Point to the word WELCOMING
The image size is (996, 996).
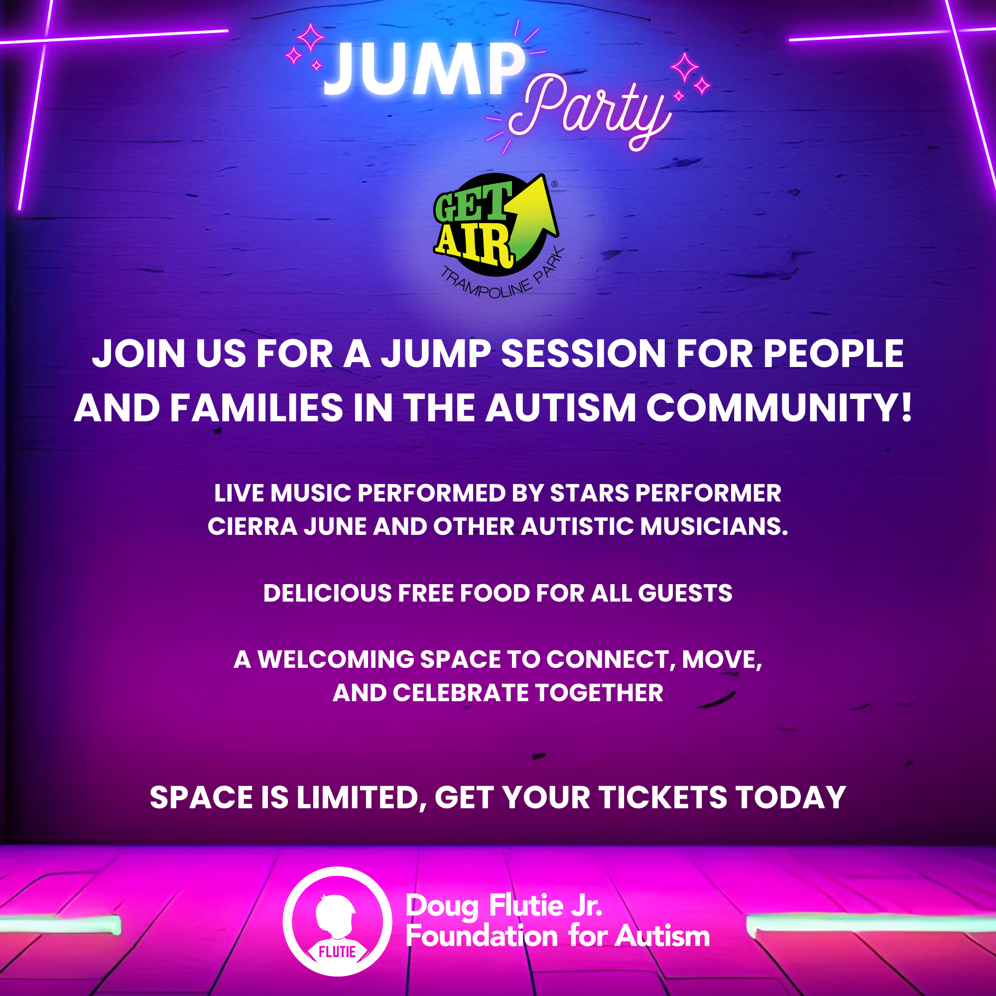pos(336,659)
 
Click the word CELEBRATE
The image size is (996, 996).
pos(460,693)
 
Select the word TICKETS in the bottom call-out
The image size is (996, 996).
pos(662,798)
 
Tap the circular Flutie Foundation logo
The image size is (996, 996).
pos(337,922)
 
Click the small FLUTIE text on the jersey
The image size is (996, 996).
pos(337,952)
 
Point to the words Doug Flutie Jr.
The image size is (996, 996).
pos(503,906)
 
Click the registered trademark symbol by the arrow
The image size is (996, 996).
pos(555,184)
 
